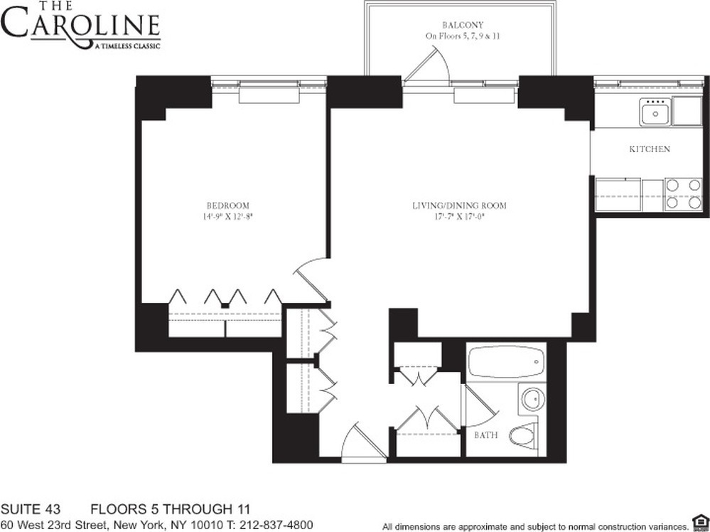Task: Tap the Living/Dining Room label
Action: [x=459, y=206]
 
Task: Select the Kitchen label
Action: [x=650, y=149]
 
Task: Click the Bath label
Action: [x=486, y=435]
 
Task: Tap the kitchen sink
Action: [x=653, y=113]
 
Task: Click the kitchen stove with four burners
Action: [x=683, y=193]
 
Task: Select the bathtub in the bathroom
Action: [x=505, y=363]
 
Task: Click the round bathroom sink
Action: [x=532, y=398]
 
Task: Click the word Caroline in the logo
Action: [x=80, y=26]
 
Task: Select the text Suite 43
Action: [x=30, y=509]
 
